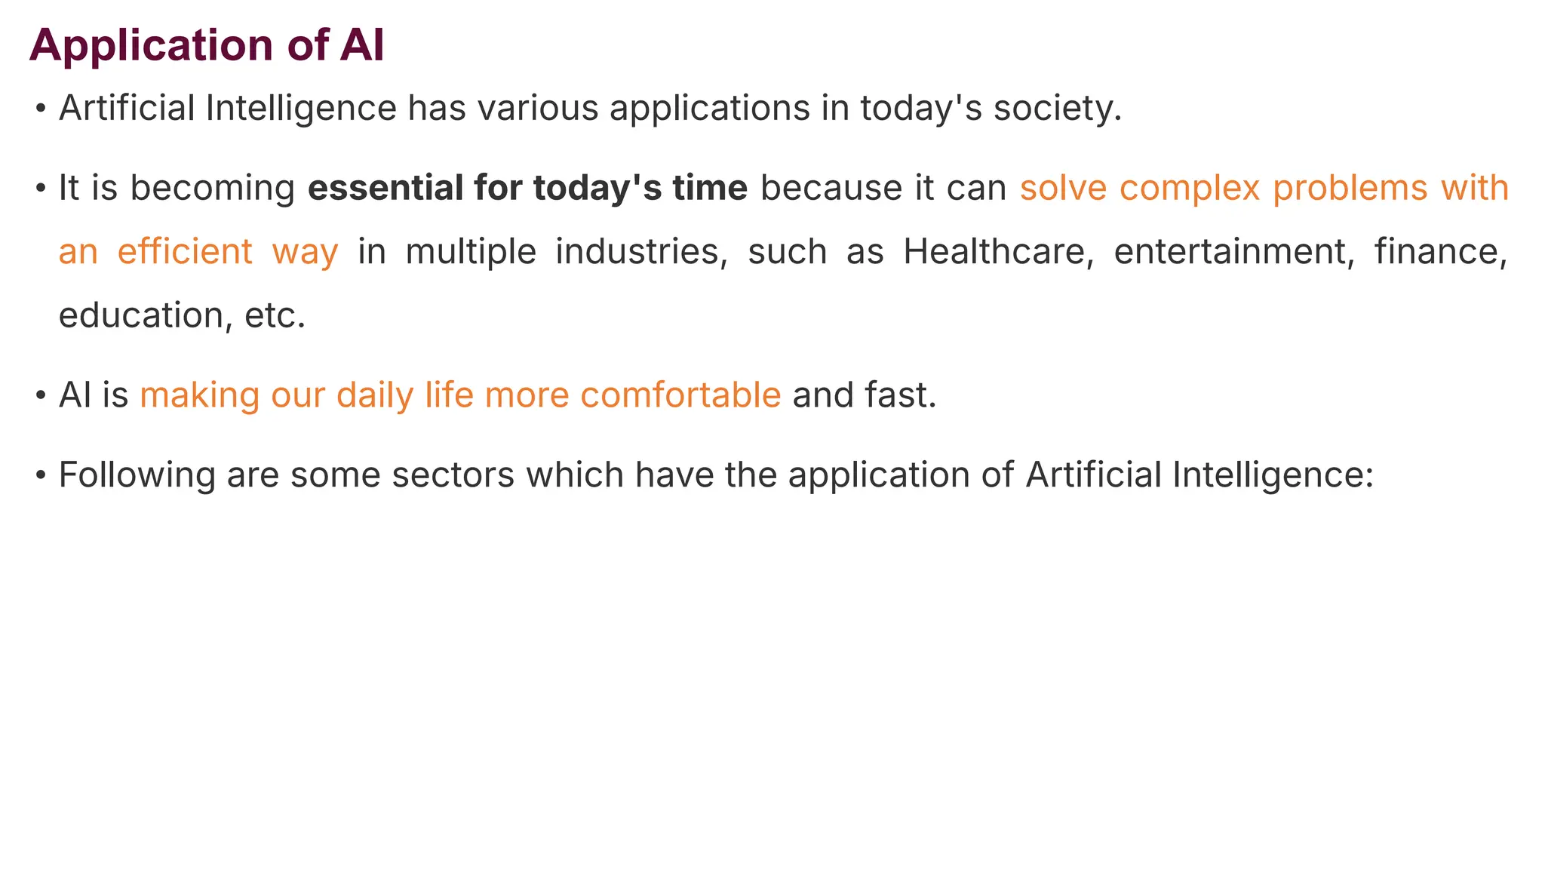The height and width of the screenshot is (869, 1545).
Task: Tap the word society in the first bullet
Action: tap(1052, 108)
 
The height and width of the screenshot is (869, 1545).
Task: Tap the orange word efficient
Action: tap(185, 251)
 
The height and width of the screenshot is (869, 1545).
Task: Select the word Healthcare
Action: tap(998, 251)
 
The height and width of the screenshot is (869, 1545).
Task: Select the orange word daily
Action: tap(374, 395)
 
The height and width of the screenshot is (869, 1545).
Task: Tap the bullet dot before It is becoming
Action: tap(41, 189)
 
